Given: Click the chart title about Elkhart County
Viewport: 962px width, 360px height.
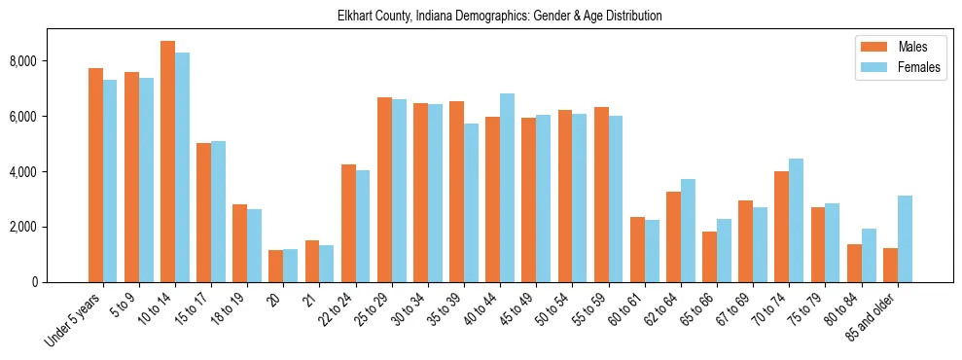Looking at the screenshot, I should coord(499,17).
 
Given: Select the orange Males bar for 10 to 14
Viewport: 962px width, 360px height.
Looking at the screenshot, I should coord(167,162).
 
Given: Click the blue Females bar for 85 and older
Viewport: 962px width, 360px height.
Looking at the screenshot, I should coord(906,239).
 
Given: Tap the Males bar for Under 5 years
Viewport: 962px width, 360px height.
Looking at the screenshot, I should coord(95,175).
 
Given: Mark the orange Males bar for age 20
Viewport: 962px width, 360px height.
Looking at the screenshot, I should coord(276,266).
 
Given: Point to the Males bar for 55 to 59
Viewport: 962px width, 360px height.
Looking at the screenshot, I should coord(601,195).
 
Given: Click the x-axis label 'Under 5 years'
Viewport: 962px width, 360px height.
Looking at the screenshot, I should coord(73,319).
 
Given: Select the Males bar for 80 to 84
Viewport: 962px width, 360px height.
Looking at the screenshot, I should coord(855,263).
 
